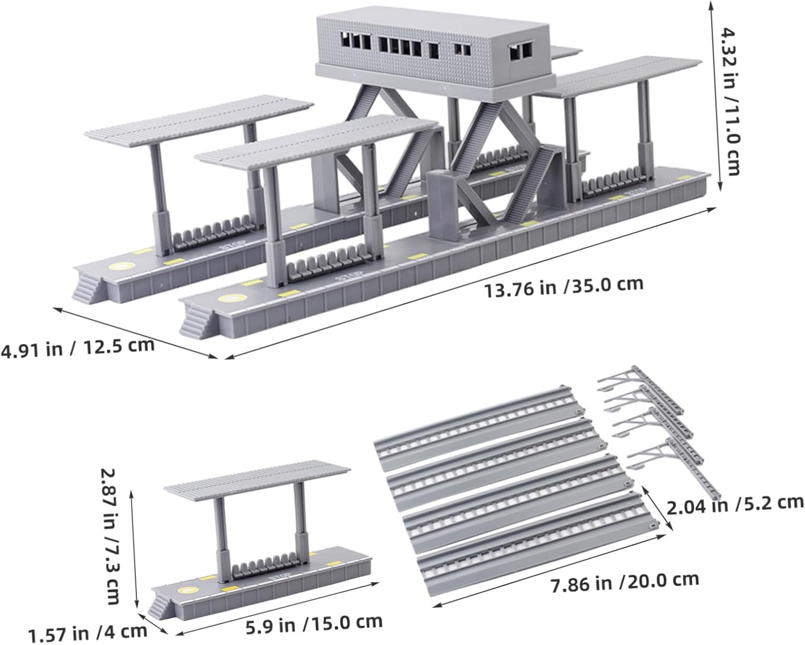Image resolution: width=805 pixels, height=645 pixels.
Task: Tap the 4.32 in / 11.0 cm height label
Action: pos(730,101)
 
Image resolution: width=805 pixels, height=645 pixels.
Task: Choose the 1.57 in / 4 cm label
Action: pos(88,634)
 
